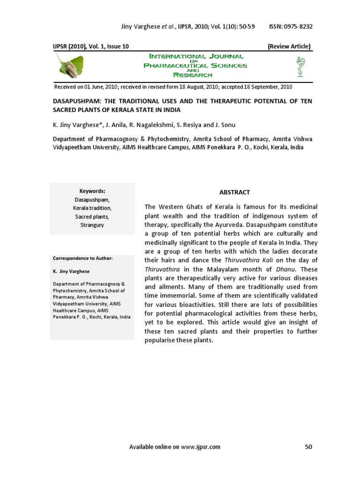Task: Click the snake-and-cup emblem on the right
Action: click(299, 66)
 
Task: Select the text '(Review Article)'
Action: click(289, 46)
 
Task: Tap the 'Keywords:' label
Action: click(92, 191)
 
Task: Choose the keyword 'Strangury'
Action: click(92, 225)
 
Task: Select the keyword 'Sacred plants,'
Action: click(92, 217)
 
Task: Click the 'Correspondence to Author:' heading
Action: click(82, 258)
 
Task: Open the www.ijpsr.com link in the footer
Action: click(200, 447)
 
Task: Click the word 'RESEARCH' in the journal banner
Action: click(193, 75)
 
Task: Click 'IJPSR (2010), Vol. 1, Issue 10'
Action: click(91, 46)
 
